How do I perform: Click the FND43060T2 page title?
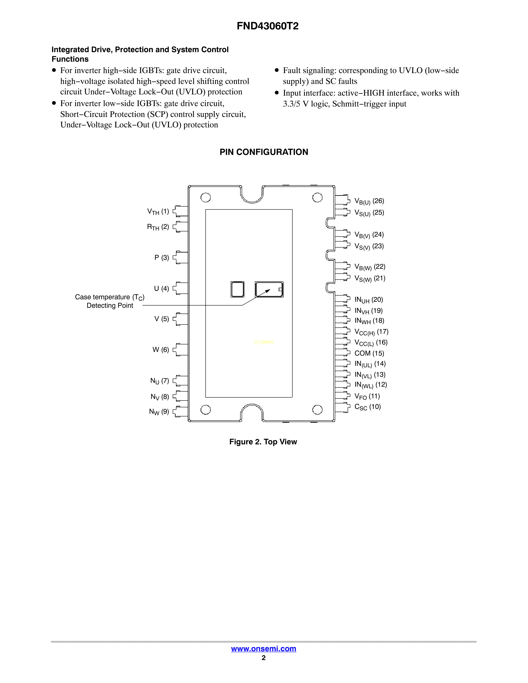[268, 26]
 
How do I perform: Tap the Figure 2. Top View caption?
[263, 442]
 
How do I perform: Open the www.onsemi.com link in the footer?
[263, 649]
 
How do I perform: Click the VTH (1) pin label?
[158, 212]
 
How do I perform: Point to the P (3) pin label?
[162, 258]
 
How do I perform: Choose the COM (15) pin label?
[369, 353]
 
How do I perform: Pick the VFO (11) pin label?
[367, 397]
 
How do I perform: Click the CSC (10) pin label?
[368, 407]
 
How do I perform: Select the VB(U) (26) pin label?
[369, 201]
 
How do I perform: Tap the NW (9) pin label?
[159, 412]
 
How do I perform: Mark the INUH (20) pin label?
[369, 300]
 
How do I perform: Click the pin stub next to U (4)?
[181, 288]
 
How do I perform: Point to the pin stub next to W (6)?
[181, 349]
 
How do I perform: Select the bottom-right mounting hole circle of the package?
[317, 410]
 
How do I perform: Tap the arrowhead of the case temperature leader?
[268, 291]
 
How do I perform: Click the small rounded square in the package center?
[237, 289]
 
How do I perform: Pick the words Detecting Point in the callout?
[110, 305]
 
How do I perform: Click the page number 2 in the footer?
[264, 658]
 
